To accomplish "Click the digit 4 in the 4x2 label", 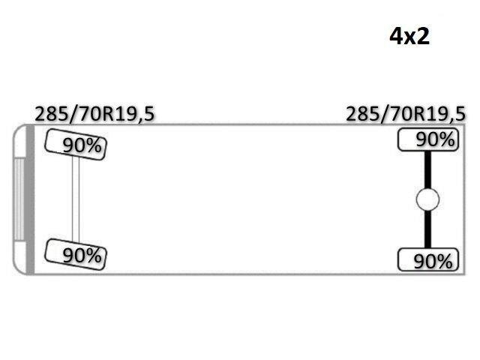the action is point(395,36).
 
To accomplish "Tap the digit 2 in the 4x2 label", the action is point(424,36).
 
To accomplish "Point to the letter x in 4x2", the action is point(409,38).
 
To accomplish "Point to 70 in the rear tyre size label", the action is point(403,114).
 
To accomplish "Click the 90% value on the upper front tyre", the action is point(82,145).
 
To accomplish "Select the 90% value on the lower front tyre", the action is point(82,255).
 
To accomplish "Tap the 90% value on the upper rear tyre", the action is point(435,139).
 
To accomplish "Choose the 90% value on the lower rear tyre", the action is point(433,262).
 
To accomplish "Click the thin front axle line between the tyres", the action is point(76,199).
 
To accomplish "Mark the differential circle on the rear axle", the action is point(427,199).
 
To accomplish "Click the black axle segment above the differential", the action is point(427,170).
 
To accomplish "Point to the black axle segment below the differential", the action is point(427,229).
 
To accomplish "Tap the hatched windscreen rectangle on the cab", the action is point(19,199).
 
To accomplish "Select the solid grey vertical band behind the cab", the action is point(30,199).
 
